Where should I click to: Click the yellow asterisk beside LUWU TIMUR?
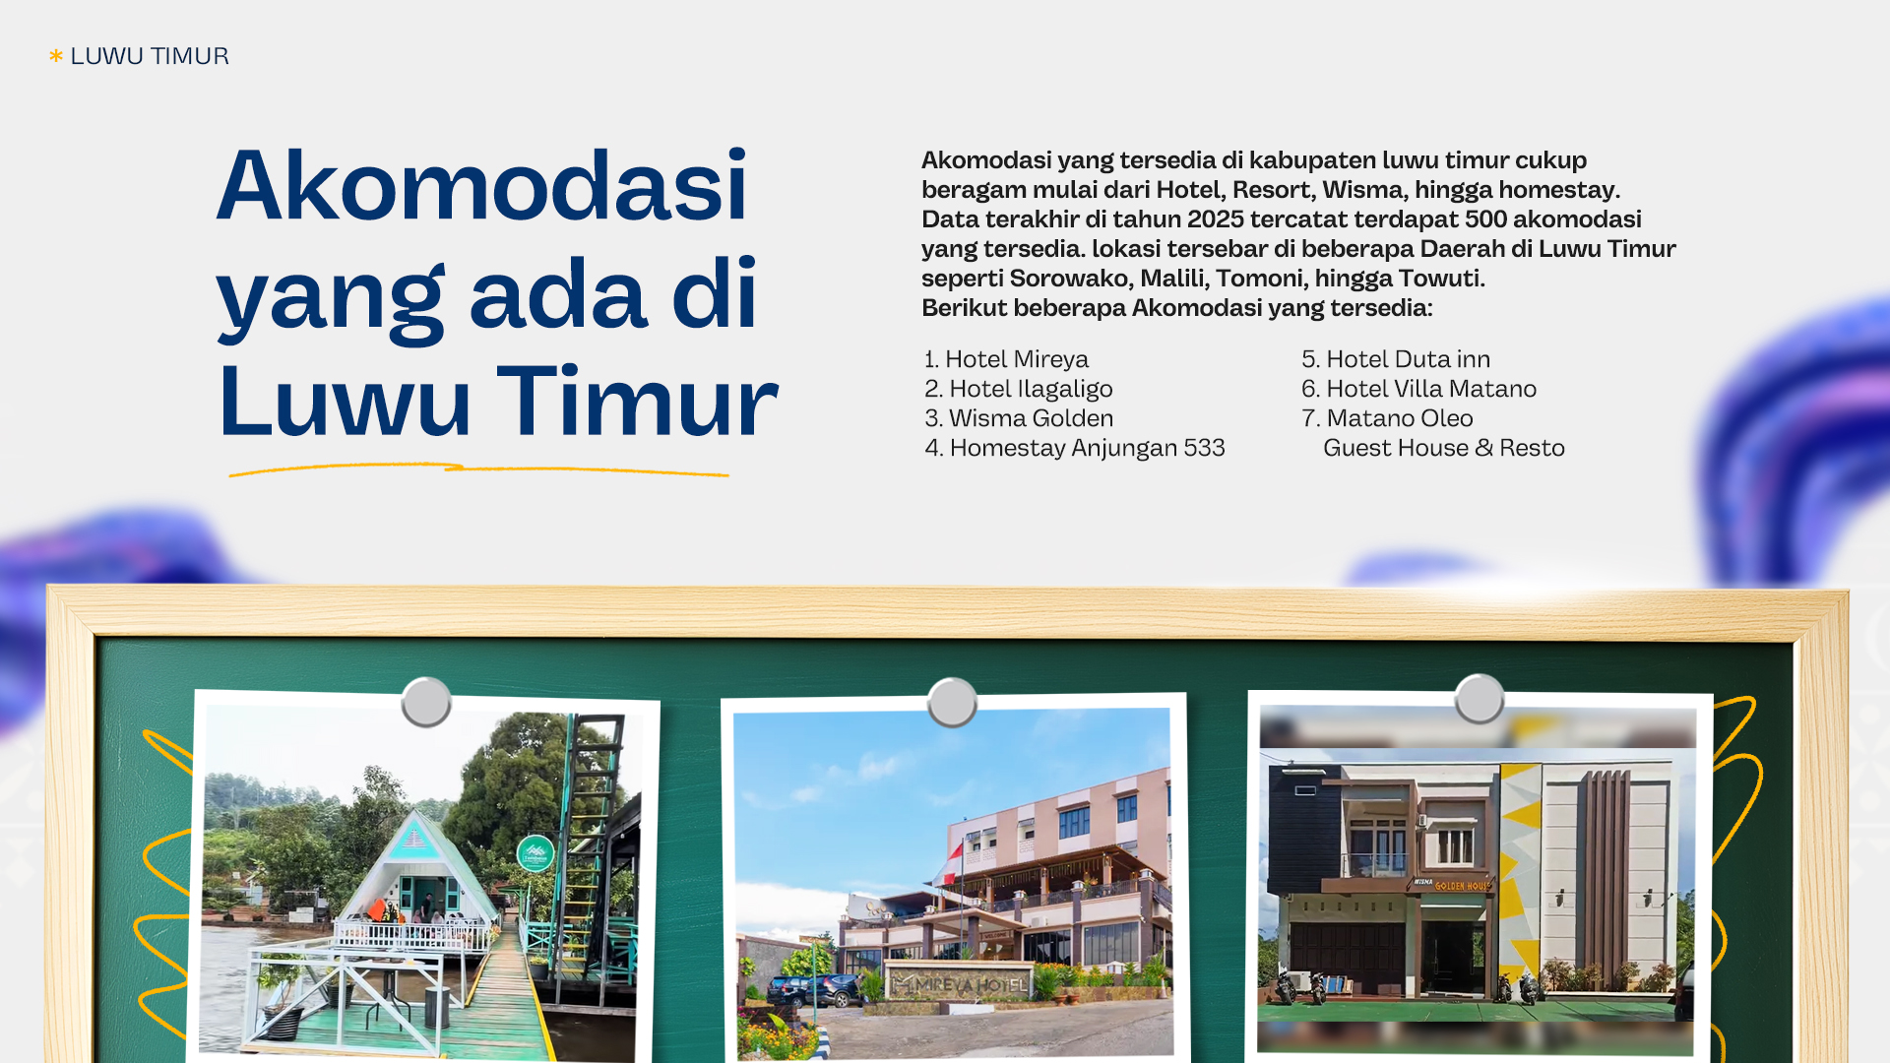tap(56, 56)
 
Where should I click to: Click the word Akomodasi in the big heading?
tap(482, 185)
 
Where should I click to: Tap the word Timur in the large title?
tap(637, 402)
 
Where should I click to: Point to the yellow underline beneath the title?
tap(478, 469)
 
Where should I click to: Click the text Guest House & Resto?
tap(1443, 448)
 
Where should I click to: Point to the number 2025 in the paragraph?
tap(1216, 219)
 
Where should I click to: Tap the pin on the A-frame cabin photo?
tap(426, 702)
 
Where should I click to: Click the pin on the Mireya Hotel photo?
tap(952, 702)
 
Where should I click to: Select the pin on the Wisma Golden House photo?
tap(1479, 699)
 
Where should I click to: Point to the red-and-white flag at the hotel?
tap(948, 864)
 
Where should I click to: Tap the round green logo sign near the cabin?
tap(535, 853)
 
